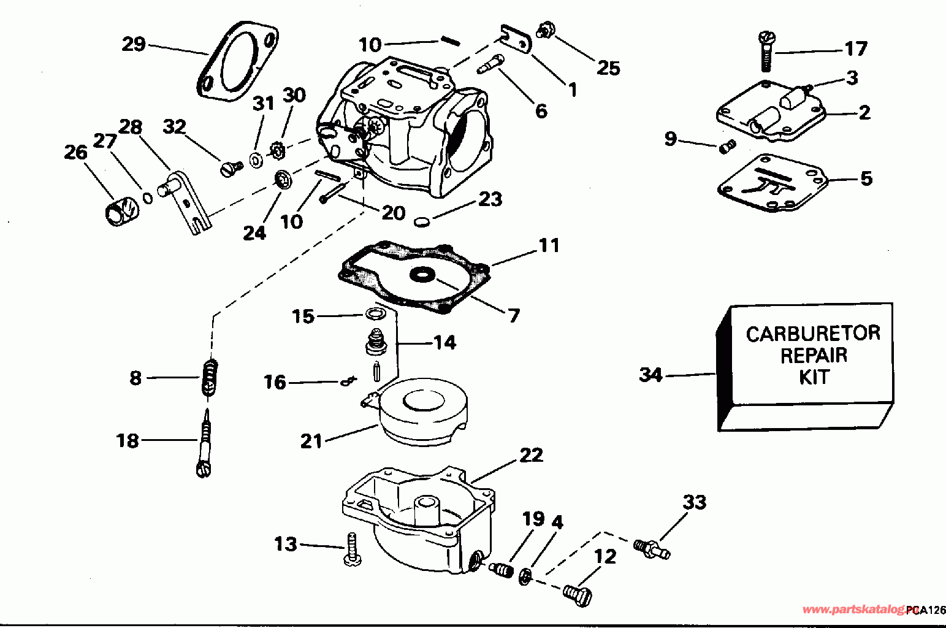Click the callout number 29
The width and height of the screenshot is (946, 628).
coord(134,44)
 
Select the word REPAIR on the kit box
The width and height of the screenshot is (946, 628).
coord(814,356)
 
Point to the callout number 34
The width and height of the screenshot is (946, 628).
coord(651,375)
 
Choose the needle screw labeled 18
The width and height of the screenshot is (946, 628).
coord(205,443)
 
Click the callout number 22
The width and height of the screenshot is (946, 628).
coord(531,455)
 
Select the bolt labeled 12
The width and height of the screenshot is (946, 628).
coord(578,595)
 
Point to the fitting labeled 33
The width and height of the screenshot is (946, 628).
coord(652,549)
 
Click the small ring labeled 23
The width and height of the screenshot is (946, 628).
coord(421,221)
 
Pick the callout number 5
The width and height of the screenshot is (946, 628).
coord(866,178)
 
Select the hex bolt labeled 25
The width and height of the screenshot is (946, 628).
coord(546,29)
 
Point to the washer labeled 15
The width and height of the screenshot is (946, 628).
coord(376,314)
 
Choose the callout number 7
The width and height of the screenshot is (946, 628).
coord(513,316)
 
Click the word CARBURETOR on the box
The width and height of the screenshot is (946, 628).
coord(813,334)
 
